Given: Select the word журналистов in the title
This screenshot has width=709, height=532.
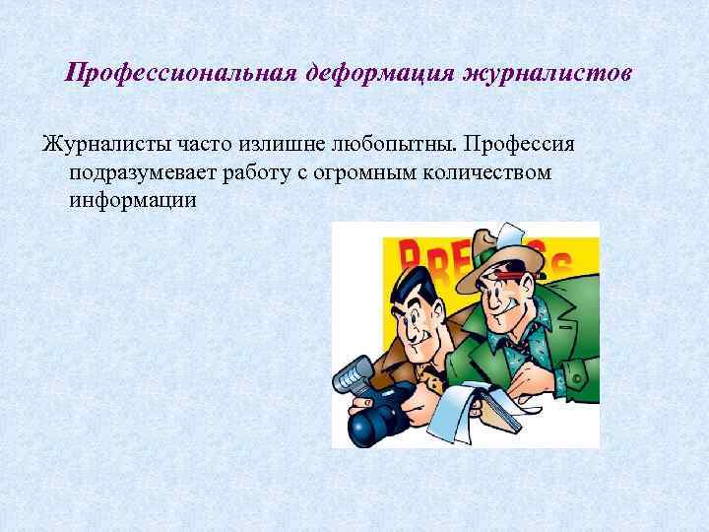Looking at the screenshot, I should [526, 74].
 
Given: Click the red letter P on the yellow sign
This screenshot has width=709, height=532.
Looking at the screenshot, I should [414, 259].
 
